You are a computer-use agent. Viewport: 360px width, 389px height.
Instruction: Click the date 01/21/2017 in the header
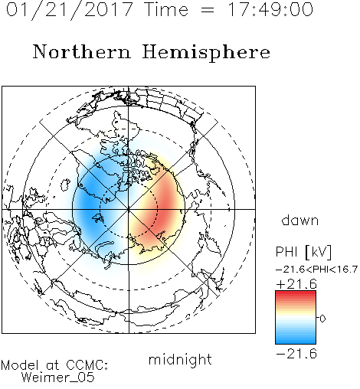70,10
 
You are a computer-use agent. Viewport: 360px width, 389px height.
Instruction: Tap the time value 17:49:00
270,9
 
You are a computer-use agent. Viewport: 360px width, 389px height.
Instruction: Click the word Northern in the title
82,51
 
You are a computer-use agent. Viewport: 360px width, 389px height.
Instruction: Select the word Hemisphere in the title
206,53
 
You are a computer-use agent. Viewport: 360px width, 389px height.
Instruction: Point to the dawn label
300,220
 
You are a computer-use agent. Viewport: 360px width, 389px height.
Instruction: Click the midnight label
180,359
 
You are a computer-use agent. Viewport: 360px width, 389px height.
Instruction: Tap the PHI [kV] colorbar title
303,252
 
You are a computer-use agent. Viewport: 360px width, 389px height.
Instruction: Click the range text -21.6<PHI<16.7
316,270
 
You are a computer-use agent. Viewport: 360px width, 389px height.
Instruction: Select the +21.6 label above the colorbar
296,284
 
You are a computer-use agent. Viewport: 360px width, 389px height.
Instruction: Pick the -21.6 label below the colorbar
296,354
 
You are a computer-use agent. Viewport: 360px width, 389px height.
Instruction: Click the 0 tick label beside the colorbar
322,319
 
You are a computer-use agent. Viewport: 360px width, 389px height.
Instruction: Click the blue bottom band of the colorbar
296,339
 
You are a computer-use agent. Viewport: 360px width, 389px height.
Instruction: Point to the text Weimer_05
58,377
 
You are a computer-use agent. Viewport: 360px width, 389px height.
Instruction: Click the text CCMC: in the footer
87,364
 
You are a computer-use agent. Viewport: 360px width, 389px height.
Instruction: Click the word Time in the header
166,9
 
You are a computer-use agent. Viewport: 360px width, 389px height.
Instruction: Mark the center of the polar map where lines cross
129,210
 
